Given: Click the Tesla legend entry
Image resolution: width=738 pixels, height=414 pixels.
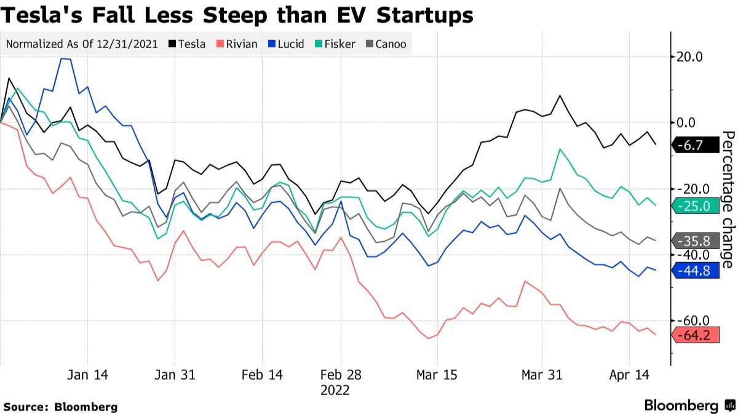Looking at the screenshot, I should pos(187,44).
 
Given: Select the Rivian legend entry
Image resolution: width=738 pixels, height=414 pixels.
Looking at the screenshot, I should pos(236,44).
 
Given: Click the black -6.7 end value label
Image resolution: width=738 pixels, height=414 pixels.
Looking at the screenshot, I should pos(695,146).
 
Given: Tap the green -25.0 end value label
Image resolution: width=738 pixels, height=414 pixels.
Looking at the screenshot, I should pos(695,206).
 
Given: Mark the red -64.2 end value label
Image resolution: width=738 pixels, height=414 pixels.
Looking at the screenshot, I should pos(695,336).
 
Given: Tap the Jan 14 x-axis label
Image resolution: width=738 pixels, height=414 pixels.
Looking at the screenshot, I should pos(87,375).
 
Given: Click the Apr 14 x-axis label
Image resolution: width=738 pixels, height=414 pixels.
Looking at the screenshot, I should pos(629,375).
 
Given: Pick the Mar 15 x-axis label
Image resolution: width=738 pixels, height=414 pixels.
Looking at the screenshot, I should pos(437,375).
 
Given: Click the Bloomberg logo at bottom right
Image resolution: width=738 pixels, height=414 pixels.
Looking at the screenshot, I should pos(689,406).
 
